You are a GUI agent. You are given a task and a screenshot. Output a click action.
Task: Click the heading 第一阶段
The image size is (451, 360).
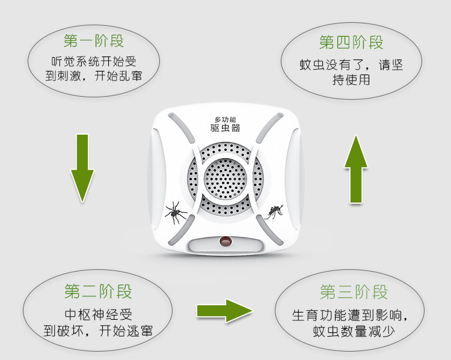[93, 41]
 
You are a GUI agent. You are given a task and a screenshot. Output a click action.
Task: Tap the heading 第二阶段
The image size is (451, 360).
[98, 293]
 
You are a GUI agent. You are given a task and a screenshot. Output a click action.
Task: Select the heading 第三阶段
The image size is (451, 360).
[354, 293]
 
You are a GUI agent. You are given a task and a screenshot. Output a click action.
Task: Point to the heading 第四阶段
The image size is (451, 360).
[351, 42]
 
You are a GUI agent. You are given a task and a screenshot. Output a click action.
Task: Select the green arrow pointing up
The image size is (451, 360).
[356, 169]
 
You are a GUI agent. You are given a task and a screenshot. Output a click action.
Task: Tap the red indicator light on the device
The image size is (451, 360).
[226, 242]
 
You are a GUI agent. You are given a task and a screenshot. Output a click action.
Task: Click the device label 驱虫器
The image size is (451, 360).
[226, 128]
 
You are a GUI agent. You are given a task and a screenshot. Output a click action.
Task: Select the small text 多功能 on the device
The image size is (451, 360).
[226, 119]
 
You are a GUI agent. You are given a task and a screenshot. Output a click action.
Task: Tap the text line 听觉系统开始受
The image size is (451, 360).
[93, 61]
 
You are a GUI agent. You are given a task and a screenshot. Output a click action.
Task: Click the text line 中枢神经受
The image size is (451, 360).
[97, 314]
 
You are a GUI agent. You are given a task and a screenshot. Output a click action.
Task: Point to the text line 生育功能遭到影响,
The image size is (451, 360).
[354, 315]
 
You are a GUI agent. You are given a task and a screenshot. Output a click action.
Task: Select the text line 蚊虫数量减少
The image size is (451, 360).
[354, 332]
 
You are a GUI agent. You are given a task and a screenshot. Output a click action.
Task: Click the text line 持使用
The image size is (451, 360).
[351, 80]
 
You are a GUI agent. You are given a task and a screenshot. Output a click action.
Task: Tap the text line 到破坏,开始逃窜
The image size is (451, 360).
[98, 331]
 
